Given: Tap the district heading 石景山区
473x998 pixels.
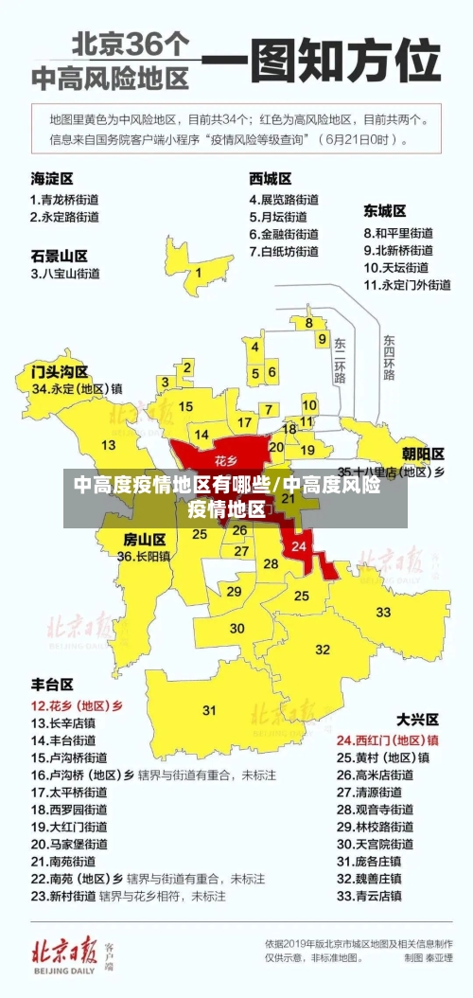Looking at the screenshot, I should [60, 256].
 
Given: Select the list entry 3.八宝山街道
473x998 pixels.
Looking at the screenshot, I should [65, 275].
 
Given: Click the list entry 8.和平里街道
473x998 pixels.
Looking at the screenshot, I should [398, 233].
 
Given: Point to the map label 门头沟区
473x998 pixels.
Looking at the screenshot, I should [60, 371].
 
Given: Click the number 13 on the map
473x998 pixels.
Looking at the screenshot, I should [109, 444].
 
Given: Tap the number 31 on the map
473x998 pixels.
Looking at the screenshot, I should [209, 710].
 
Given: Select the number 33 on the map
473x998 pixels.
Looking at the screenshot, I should [383, 613].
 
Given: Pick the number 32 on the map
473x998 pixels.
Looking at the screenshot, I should [323, 650].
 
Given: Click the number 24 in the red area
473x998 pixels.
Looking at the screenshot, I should [299, 546].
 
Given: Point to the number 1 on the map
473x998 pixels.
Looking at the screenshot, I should [199, 275].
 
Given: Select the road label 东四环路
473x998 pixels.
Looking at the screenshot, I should [389, 357].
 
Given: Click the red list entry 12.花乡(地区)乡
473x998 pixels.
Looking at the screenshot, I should [77, 705].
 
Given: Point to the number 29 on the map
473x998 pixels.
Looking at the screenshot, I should [235, 591].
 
